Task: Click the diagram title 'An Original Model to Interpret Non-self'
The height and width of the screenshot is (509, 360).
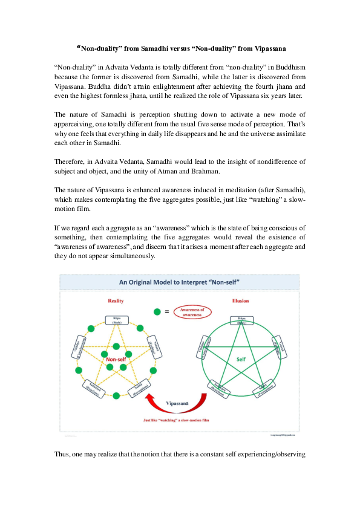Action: (x=179, y=282)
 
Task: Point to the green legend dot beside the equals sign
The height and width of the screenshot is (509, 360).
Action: (x=158, y=312)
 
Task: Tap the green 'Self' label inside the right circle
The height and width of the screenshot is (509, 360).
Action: (x=241, y=359)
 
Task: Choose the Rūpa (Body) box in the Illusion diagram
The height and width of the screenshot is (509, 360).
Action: (x=241, y=320)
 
